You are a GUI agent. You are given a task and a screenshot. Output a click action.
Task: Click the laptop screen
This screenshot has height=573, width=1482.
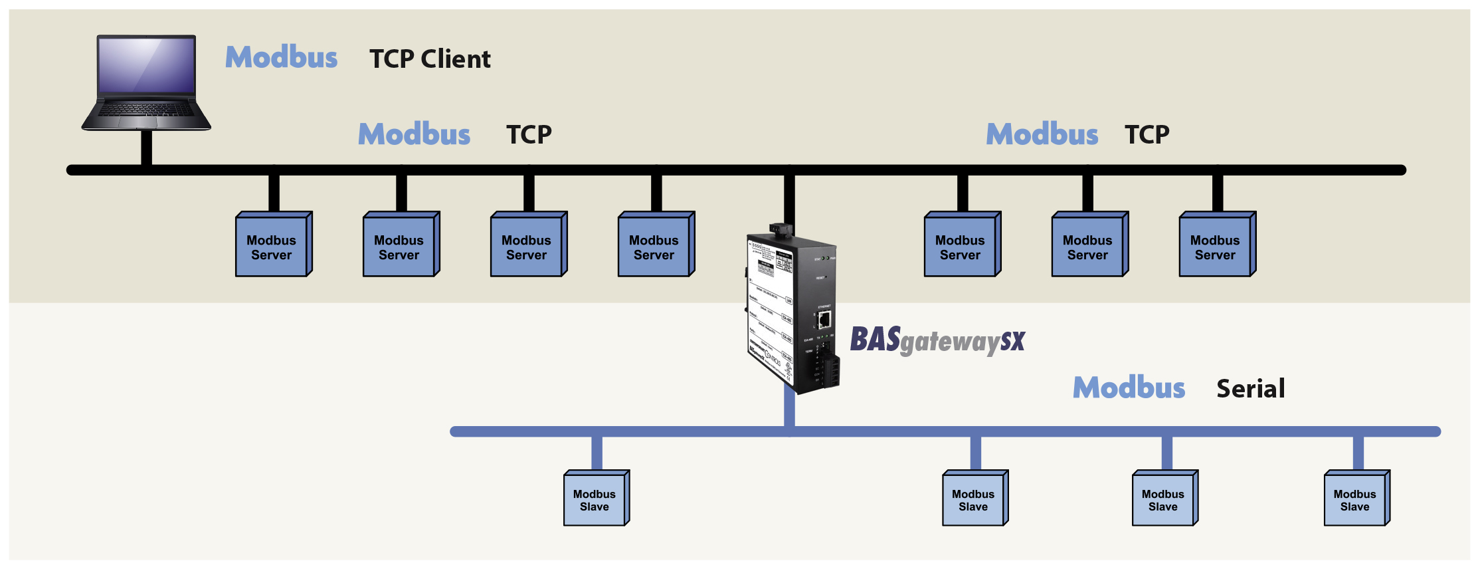point(147,64)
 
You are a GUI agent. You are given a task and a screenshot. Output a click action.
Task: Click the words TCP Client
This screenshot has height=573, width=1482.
point(430,59)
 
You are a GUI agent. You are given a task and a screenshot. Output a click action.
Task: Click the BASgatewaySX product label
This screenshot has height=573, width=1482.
point(937,340)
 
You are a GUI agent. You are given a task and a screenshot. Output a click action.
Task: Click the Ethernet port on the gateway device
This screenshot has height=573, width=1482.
point(824,320)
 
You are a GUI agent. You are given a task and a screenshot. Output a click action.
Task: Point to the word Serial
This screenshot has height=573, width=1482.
point(1251,389)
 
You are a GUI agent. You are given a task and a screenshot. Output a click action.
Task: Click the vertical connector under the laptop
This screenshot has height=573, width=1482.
point(146,147)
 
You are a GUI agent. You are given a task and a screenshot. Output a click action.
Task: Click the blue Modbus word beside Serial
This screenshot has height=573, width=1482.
point(1129,388)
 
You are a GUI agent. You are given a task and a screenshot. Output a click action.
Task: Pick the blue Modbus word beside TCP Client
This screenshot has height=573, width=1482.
point(281,57)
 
